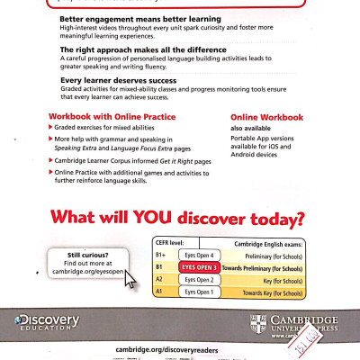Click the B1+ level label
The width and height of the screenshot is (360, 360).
[x=162, y=256]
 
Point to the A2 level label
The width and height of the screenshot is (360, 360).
[x=160, y=279]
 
